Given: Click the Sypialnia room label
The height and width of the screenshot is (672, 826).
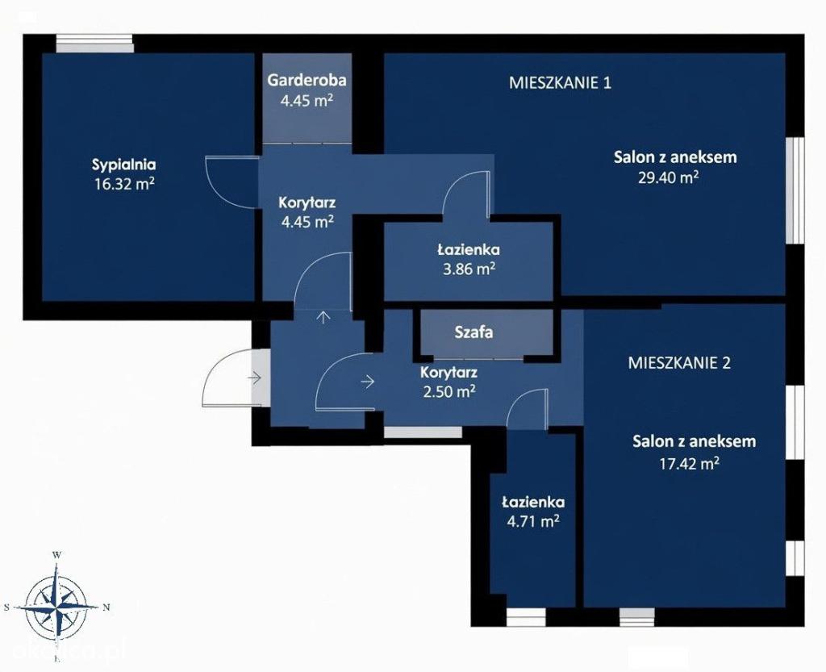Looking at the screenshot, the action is (x=123, y=165).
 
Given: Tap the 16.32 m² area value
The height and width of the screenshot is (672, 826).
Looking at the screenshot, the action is (x=124, y=183).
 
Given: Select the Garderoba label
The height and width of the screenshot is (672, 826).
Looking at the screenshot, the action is (x=307, y=81).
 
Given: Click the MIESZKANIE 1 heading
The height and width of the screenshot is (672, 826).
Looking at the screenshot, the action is (x=560, y=82).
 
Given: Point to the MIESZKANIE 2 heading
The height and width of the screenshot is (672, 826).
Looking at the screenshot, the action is (x=679, y=363).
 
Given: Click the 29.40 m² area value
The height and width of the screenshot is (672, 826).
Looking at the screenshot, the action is (x=669, y=177).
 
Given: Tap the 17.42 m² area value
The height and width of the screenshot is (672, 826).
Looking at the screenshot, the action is (x=690, y=463).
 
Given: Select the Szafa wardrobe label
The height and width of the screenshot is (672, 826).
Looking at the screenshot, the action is (x=473, y=332).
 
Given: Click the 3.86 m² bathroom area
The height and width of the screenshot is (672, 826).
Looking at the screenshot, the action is (x=469, y=269).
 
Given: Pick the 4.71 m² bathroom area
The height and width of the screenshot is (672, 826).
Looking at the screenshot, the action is (x=532, y=522).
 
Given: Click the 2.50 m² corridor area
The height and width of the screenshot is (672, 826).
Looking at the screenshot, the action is (x=450, y=391).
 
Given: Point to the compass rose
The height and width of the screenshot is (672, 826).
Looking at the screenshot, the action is (x=56, y=607).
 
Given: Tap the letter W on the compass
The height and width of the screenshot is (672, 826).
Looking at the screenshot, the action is (x=56, y=554).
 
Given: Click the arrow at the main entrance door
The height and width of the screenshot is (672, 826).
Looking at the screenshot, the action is (x=255, y=378).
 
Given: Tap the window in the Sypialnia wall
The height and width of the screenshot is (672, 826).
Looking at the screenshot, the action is (x=95, y=44).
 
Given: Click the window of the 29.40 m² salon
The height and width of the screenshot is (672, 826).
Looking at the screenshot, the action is (x=795, y=190).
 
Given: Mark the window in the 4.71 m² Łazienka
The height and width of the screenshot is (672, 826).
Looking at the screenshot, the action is (x=526, y=616).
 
